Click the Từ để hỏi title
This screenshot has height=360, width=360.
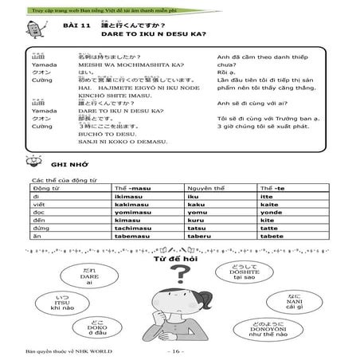(179, 260)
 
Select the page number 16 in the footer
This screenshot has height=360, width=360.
(179, 351)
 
